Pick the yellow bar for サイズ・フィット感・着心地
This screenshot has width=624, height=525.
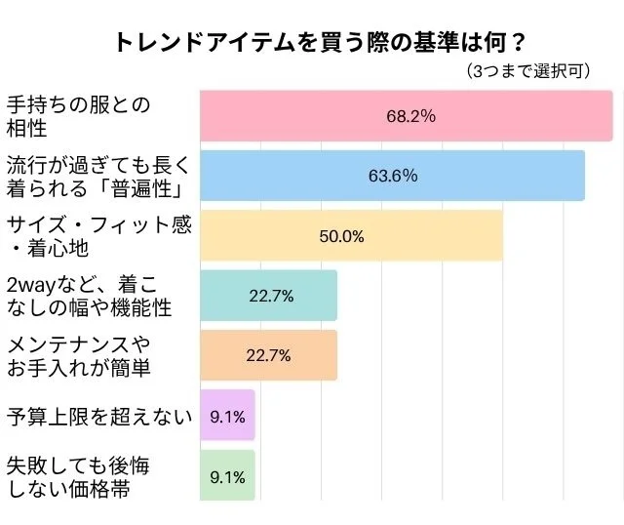click(x=429, y=235)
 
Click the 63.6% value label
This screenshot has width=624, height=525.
click(x=393, y=176)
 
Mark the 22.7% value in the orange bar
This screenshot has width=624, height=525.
click(x=268, y=355)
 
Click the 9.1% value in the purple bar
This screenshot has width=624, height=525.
click(x=227, y=416)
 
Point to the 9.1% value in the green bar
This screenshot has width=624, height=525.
click(x=227, y=477)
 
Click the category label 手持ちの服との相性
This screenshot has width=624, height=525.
click(x=78, y=116)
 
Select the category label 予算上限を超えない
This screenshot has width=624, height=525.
click(x=97, y=417)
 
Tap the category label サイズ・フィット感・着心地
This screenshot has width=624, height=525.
click(x=97, y=235)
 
